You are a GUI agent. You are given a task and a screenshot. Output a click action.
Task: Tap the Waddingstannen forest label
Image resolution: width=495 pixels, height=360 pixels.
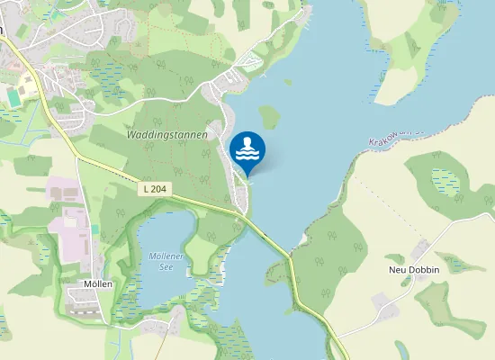168,135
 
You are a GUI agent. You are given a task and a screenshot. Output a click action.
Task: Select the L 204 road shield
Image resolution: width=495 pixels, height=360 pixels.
155,189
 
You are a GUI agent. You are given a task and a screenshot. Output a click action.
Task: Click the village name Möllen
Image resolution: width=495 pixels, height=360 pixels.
97,283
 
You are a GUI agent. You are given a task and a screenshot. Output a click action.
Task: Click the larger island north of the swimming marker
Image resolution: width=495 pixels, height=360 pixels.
269,116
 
